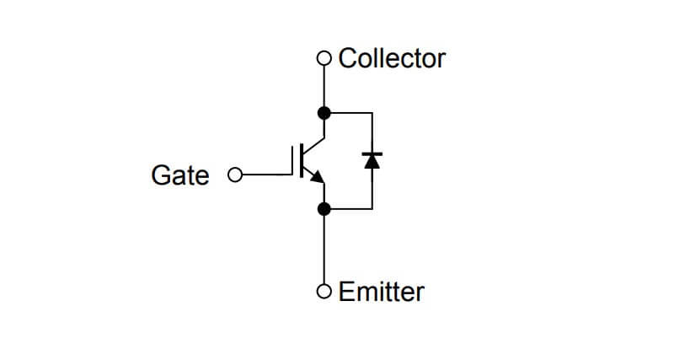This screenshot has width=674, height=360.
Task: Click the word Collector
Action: pyautogui.click(x=392, y=58)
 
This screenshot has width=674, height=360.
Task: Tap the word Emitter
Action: pyautogui.click(x=381, y=292)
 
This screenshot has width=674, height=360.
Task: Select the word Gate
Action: pyautogui.click(x=179, y=175)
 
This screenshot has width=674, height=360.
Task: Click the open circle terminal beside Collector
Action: pyautogui.click(x=324, y=59)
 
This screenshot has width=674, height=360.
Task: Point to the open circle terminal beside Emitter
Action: pyautogui.click(x=324, y=292)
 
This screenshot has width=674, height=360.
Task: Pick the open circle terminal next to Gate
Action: pyautogui.click(x=235, y=175)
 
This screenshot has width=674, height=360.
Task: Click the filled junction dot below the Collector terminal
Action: pyautogui.click(x=324, y=112)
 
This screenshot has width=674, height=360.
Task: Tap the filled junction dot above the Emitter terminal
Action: pyautogui.click(x=324, y=208)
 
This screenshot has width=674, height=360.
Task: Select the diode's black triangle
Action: pyautogui.click(x=372, y=161)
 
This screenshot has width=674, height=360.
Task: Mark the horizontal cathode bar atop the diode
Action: pyautogui.click(x=372, y=153)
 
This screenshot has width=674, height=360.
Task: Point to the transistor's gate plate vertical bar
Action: pyautogui.click(x=297, y=160)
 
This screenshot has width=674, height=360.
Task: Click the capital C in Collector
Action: pyautogui.click(x=346, y=58)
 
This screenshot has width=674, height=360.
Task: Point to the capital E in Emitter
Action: pyautogui.click(x=345, y=292)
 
